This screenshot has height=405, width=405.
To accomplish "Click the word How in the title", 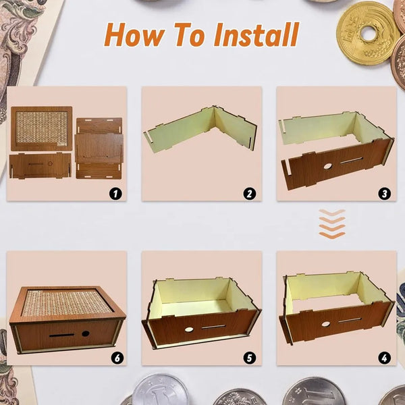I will (x=132, y=34).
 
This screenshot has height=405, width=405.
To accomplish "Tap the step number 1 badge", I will (x=115, y=194).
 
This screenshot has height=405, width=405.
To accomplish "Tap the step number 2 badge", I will (x=250, y=194).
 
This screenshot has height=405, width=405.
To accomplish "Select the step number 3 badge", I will (x=385, y=194).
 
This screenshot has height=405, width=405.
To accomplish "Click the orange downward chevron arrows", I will (x=331, y=223).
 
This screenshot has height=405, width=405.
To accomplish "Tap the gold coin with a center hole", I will (x=368, y=32).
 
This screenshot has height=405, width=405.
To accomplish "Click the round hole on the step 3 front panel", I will (x=327, y=165).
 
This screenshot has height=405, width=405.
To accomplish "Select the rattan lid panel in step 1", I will (x=41, y=128).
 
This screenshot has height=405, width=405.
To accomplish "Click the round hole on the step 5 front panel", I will (x=189, y=329).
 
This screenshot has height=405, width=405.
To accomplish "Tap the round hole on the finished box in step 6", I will (x=86, y=333).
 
